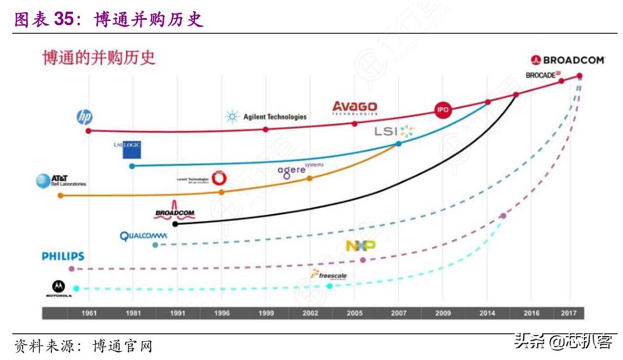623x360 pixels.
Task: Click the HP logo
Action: point(85,117)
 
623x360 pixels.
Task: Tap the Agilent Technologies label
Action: point(267,117)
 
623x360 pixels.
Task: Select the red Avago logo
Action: point(355,108)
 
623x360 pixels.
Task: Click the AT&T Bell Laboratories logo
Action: point(61,181)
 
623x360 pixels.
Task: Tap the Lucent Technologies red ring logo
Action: point(220,178)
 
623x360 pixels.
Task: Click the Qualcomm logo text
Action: point(143,236)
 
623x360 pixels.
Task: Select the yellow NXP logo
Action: point(360,246)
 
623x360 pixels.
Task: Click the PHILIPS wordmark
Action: point(63,256)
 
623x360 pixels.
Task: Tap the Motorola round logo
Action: point(59,286)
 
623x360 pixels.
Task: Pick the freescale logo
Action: point(330,275)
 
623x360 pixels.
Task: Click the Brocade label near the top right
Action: point(542,75)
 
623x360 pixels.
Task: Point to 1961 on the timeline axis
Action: point(89,313)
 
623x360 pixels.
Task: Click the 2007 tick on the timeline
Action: point(399,313)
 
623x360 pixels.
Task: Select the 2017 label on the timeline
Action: point(568,313)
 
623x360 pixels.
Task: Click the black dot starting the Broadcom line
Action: point(175,223)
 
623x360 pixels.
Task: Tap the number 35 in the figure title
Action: point(65,19)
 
